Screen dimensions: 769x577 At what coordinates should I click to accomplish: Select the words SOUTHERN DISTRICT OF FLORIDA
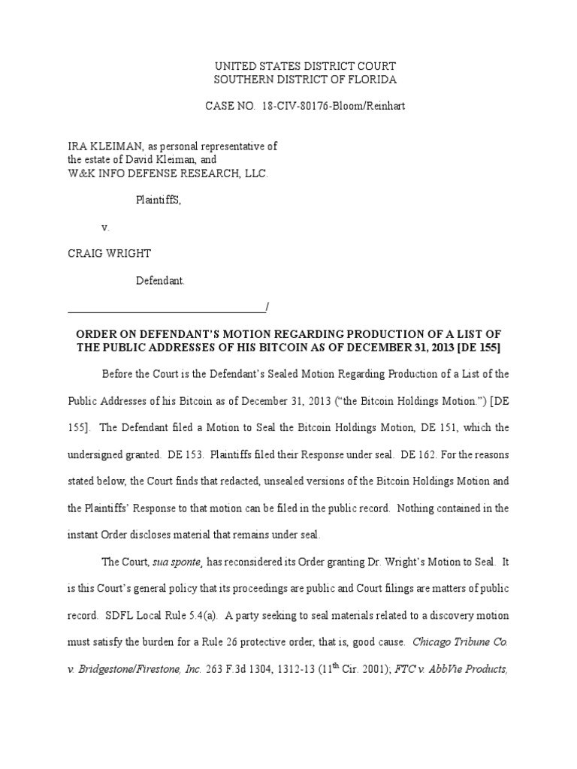click(305, 80)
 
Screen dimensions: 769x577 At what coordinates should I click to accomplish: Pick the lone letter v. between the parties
click(105, 227)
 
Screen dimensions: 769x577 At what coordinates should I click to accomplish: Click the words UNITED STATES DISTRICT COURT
click(305, 66)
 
